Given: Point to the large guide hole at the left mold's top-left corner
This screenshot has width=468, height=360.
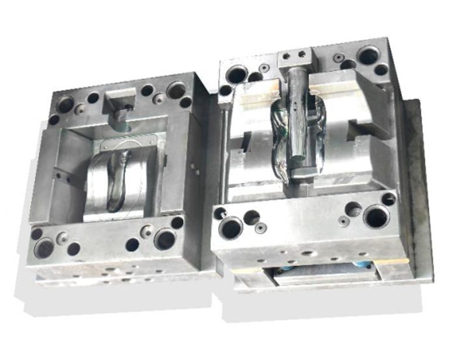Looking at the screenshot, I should [64, 104].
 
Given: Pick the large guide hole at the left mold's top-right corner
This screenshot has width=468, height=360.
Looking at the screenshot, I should [176, 90].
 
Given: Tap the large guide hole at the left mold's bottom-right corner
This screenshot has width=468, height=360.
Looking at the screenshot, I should [165, 239].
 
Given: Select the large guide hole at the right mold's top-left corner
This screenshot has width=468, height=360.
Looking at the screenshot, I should [237, 74].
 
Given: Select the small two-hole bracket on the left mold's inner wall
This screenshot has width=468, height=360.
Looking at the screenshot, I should [61, 175].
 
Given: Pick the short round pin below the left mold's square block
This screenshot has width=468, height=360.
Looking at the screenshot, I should [120, 116].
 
